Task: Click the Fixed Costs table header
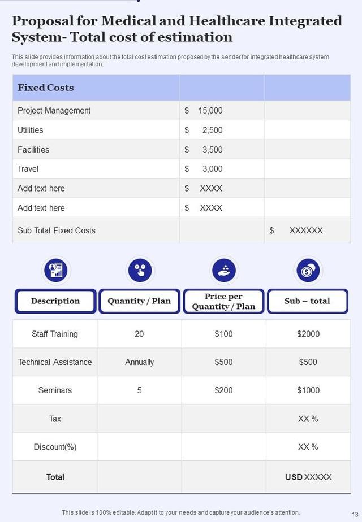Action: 46,88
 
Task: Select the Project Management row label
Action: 54,111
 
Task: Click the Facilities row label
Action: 33,150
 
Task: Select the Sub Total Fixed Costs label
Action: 57,230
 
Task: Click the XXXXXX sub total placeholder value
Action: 306,230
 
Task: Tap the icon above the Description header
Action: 55,271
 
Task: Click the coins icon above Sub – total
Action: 308,271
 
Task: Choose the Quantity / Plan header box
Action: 139,301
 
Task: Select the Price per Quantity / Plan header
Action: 223,301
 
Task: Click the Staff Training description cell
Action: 55,334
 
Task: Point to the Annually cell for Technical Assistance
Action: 139,362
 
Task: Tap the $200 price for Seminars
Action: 223,390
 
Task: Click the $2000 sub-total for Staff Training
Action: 308,334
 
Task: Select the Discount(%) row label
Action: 55,447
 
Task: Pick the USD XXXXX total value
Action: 308,477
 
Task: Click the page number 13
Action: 355,514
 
